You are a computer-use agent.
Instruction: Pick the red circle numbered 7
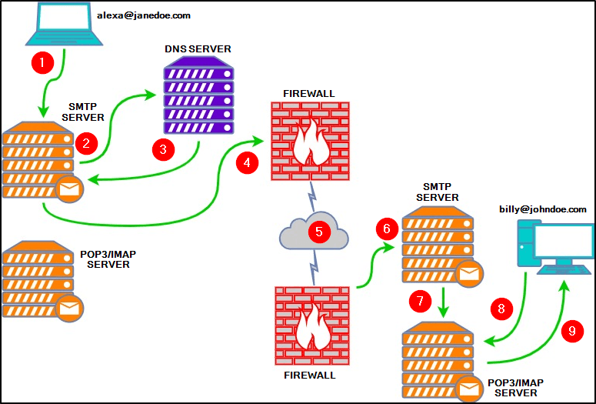click(x=419, y=302)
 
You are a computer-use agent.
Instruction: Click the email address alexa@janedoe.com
click(x=144, y=15)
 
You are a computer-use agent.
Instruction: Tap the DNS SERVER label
click(x=198, y=49)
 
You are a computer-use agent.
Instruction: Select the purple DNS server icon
click(x=198, y=98)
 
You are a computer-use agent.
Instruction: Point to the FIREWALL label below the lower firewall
click(x=311, y=376)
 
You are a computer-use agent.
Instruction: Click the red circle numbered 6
click(x=388, y=229)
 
